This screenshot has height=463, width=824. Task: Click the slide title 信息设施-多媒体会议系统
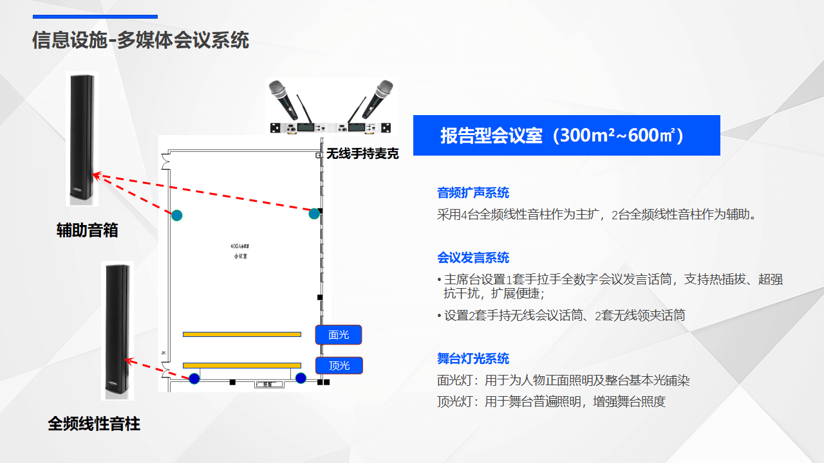tap(140, 41)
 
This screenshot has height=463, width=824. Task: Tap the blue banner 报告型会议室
tap(566, 135)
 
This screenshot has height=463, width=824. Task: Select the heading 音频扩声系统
tap(473, 192)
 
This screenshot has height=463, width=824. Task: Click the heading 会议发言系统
tap(473, 258)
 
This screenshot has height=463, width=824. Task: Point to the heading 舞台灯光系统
tap(473, 359)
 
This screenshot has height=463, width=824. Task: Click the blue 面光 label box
tap(339, 334)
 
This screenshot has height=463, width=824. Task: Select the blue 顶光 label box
tap(339, 365)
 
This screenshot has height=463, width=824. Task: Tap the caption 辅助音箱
tap(87, 230)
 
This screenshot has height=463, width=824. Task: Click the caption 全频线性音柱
tap(94, 424)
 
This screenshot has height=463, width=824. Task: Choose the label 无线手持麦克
tap(362, 154)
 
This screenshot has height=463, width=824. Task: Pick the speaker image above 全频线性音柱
tap(117, 331)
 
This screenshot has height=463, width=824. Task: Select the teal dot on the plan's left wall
tap(176, 215)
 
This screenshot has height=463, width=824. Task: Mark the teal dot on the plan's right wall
tap(314, 213)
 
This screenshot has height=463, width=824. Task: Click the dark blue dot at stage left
tap(194, 378)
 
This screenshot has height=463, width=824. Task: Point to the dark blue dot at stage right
tap(301, 377)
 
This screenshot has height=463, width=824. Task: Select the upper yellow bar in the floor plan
tap(242, 334)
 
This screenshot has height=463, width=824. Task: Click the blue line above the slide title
tap(95, 17)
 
